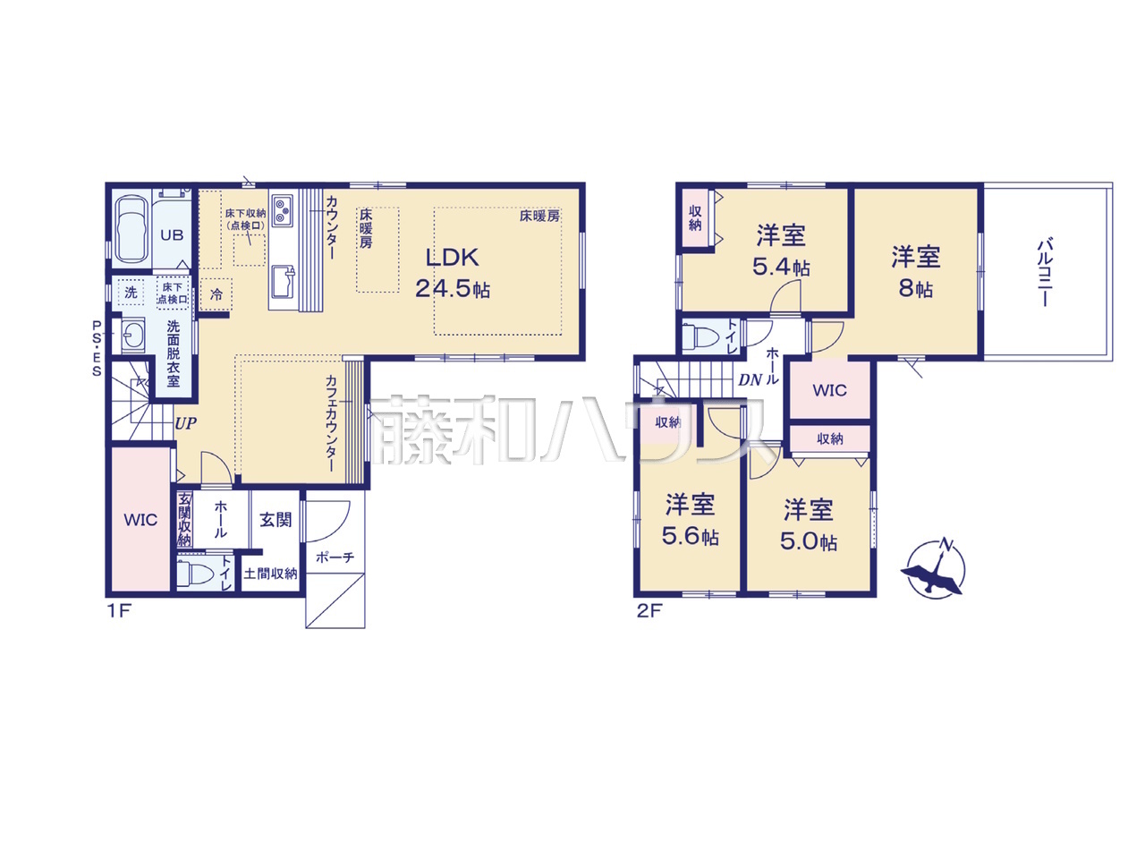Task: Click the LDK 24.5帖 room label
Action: point(453,272)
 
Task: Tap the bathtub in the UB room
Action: point(131,229)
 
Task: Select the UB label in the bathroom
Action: point(172,235)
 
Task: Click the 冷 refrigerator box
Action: point(216,294)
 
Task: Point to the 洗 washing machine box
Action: point(131,292)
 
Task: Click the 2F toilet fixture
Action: point(700,336)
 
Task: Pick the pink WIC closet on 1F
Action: point(140,520)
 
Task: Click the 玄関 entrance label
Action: point(276,520)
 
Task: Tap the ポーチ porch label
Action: point(335,557)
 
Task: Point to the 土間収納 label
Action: point(270,574)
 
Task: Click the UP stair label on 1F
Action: point(185,423)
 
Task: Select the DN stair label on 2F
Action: point(750,379)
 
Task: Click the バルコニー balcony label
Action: point(1044,272)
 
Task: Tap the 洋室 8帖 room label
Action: point(915,272)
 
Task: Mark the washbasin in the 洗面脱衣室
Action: point(132,335)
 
